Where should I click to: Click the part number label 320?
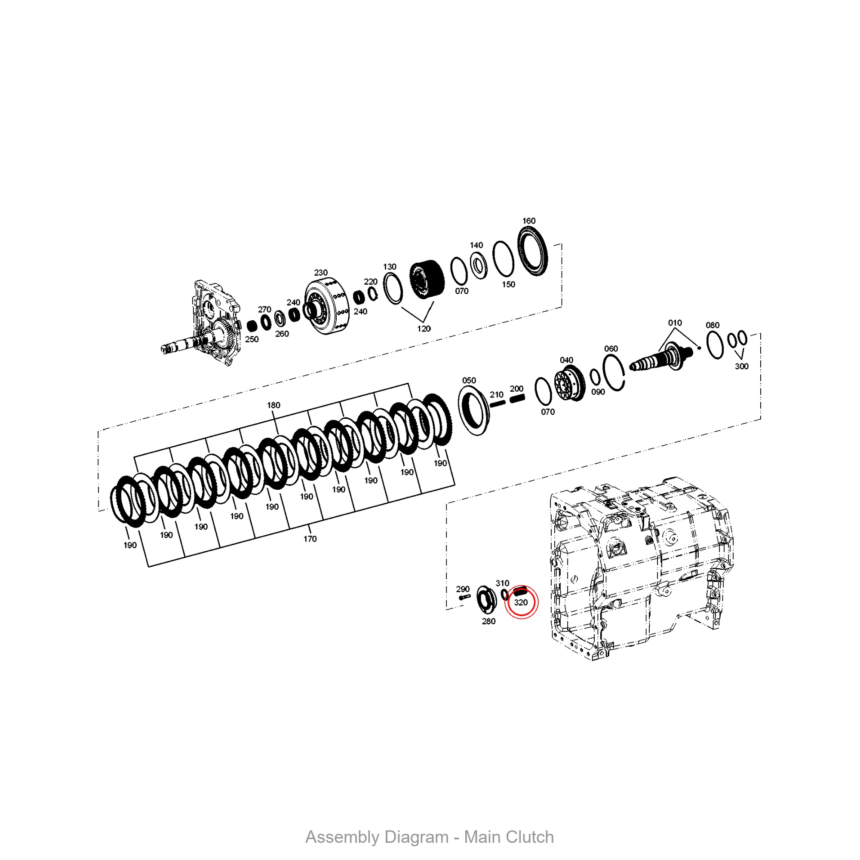pos(520,603)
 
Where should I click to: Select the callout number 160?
pos(528,221)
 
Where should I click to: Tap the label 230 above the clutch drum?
pos(320,273)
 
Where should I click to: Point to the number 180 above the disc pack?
pos(273,405)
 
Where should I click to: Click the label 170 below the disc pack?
pos(310,539)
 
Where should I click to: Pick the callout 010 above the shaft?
pos(674,323)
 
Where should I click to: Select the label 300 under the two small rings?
pos(741,366)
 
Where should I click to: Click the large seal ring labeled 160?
pos(533,251)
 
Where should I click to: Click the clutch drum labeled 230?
pos(326,307)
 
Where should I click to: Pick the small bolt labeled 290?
pos(464,597)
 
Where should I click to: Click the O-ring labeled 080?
pos(715,345)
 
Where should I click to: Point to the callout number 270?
pos(264,309)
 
